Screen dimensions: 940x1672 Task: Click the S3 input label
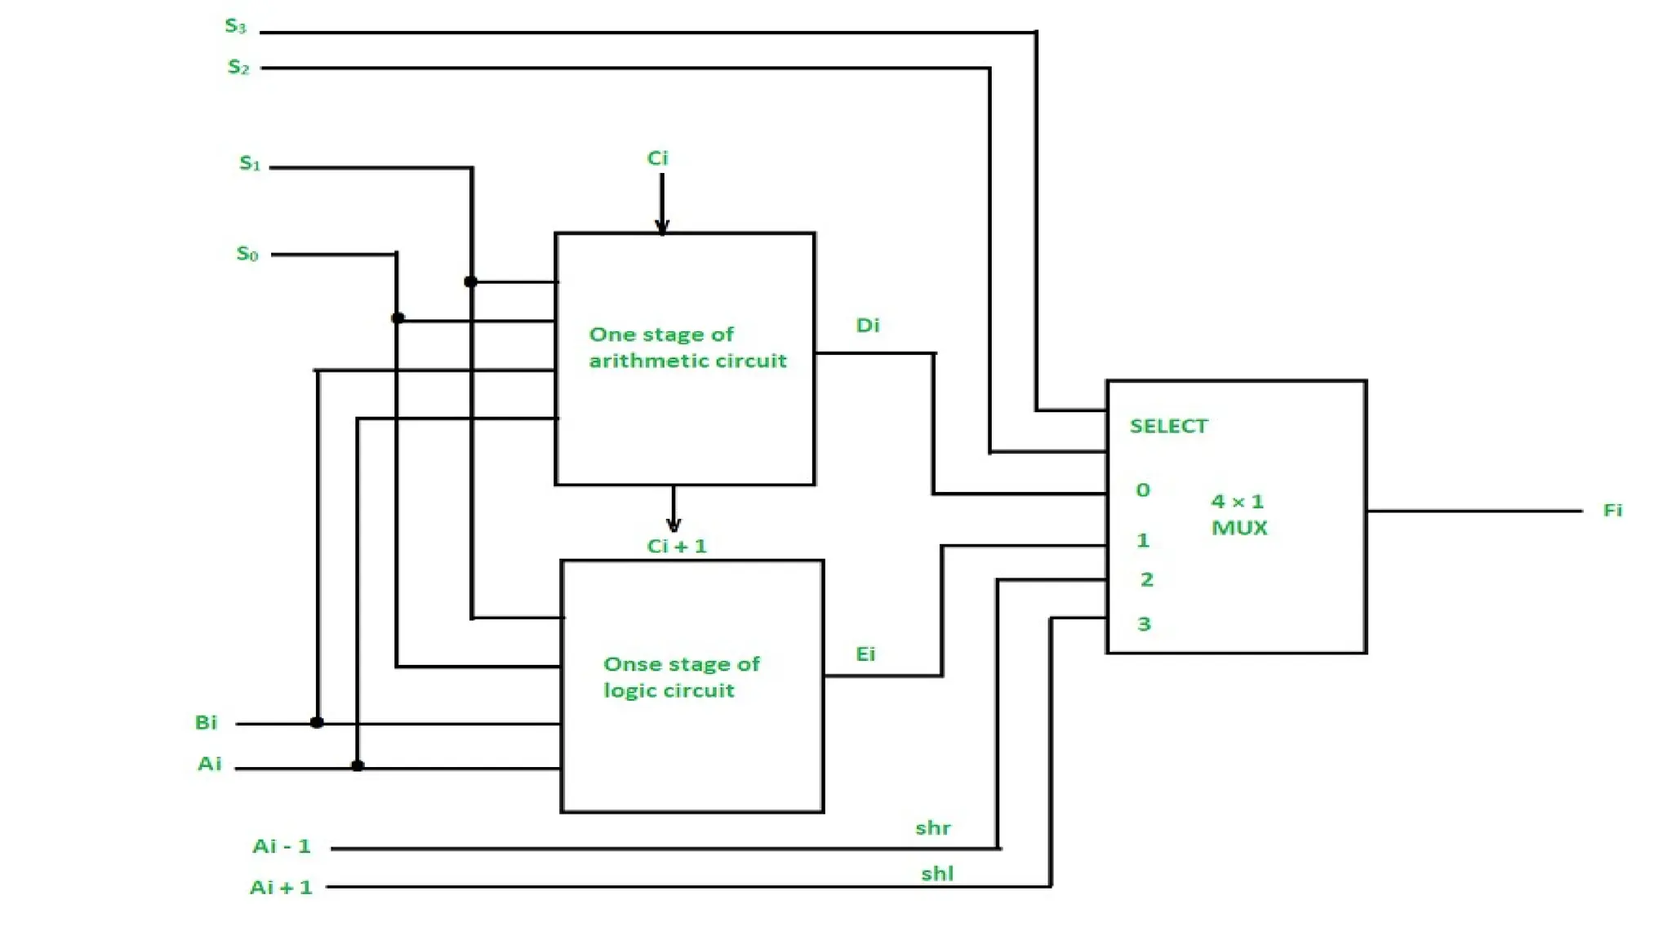235,26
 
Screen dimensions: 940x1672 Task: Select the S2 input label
238,66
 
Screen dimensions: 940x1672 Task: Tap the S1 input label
249,163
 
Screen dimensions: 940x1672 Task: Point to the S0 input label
247,254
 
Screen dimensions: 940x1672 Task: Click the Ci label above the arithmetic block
657,157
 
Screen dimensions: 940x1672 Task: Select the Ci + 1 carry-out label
676,546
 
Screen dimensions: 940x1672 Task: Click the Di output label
867,325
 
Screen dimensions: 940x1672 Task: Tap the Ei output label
865,654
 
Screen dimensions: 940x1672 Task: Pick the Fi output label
1612,510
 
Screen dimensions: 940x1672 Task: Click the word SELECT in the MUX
1167,426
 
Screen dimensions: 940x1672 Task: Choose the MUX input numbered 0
1142,490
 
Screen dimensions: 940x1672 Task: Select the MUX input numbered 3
1144,624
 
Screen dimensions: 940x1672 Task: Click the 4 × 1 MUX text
1238,514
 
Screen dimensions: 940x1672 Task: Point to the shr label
932,828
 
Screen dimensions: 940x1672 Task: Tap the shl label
936,874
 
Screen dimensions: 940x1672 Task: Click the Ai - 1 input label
281,846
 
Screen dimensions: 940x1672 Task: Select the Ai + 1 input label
281,887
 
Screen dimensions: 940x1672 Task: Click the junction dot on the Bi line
317,722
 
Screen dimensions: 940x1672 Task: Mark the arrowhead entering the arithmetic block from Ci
662,226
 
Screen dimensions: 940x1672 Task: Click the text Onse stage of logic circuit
680,676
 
